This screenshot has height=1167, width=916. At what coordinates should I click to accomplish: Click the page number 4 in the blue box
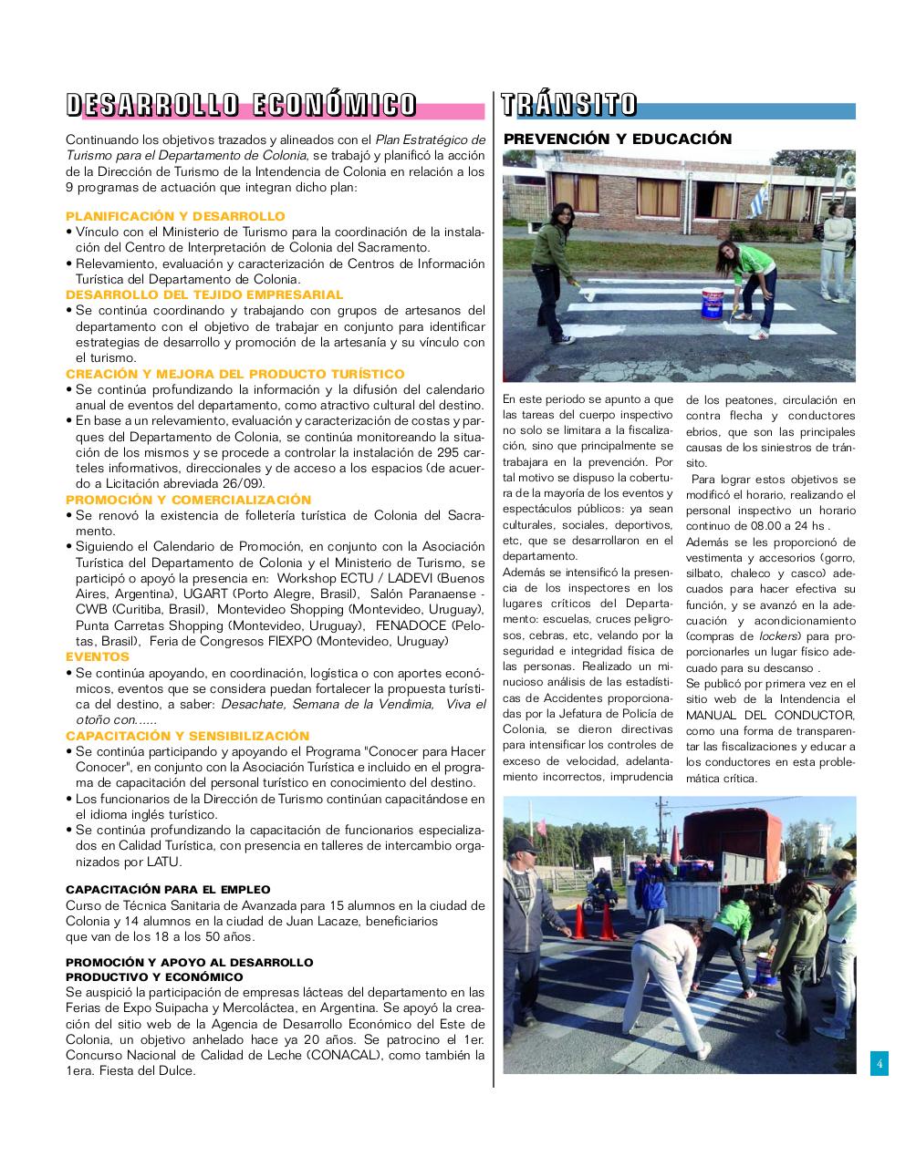[x=879, y=1063]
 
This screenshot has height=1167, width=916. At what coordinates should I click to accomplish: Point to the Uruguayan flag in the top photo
[x=756, y=192]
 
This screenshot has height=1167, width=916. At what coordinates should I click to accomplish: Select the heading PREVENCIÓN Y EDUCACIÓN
[x=618, y=139]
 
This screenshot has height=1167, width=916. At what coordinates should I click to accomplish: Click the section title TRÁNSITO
[x=568, y=105]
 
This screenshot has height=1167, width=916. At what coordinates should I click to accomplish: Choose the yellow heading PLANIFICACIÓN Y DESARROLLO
[x=175, y=216]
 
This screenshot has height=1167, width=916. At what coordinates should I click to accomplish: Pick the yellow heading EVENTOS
[x=98, y=656]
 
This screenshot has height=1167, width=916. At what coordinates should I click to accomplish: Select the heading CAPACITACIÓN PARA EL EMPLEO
[x=168, y=889]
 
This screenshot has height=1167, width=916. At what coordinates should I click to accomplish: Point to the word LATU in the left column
[x=164, y=862]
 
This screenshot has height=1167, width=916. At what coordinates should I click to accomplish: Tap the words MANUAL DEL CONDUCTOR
[x=770, y=715]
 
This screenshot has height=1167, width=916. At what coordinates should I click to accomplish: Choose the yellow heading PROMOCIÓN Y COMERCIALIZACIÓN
[x=188, y=500]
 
